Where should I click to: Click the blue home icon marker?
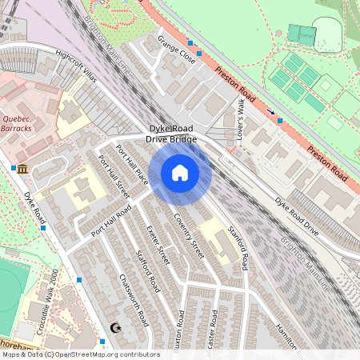180,173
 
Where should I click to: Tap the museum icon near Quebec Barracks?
22,169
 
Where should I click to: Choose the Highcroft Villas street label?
76,63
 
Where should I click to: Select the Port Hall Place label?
131,163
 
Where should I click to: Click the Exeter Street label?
158,244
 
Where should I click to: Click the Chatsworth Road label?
134,301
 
